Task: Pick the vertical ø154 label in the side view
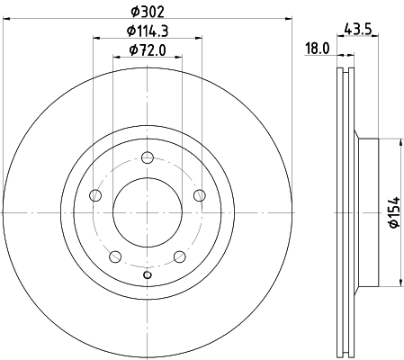(392, 212)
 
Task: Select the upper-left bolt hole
(95, 195)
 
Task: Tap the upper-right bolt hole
(200, 195)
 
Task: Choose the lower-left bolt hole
(115, 256)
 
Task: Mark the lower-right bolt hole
(180, 256)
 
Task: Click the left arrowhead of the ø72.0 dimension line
(115, 57)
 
